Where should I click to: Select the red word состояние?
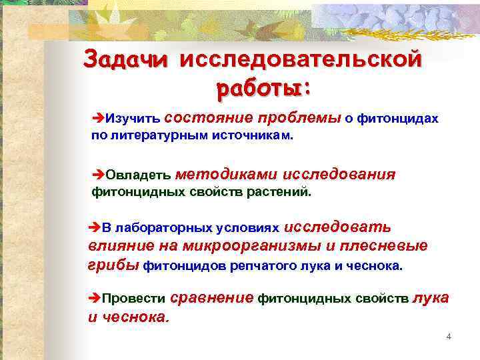pos(207,117)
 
